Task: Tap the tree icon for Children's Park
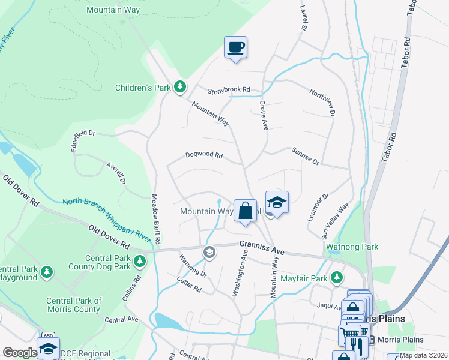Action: [x=179, y=88]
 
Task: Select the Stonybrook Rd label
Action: [x=228, y=91]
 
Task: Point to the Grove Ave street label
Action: [x=263, y=115]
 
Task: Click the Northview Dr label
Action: [x=322, y=102]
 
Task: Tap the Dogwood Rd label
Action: [x=204, y=155]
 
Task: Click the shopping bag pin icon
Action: [x=245, y=211]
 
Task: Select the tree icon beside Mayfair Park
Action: [x=337, y=277]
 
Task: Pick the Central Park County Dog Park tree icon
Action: [x=139, y=261]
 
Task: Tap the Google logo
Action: [x=19, y=353]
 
